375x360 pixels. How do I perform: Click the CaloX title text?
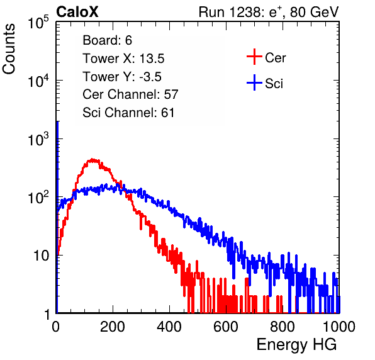(x=77, y=12)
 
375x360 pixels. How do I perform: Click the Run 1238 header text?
(x=269, y=12)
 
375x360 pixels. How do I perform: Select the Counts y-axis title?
(x=9, y=49)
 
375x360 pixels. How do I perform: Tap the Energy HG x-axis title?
(x=296, y=345)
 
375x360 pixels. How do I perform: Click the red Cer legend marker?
(x=254, y=57)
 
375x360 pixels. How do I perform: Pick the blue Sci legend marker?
(x=254, y=83)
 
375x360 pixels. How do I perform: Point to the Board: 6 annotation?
(x=107, y=40)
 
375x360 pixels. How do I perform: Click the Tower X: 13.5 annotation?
(x=123, y=59)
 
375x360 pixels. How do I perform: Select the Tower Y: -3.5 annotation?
(x=122, y=77)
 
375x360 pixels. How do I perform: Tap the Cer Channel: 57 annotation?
(x=130, y=94)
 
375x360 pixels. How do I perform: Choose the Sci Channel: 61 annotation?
(x=128, y=113)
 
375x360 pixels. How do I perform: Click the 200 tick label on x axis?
(x=113, y=327)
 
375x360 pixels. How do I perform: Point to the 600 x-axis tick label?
(x=226, y=327)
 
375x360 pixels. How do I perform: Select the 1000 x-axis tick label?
(x=339, y=327)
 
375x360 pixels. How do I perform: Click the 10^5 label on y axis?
(x=38, y=23)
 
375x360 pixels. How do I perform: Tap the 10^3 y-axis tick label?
(x=38, y=139)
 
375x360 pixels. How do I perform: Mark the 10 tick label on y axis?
(x=42, y=256)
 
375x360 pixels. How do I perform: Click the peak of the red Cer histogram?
(x=92, y=160)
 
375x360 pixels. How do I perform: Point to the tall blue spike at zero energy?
(x=57, y=215)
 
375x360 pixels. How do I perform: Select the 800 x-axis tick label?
(x=283, y=327)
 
